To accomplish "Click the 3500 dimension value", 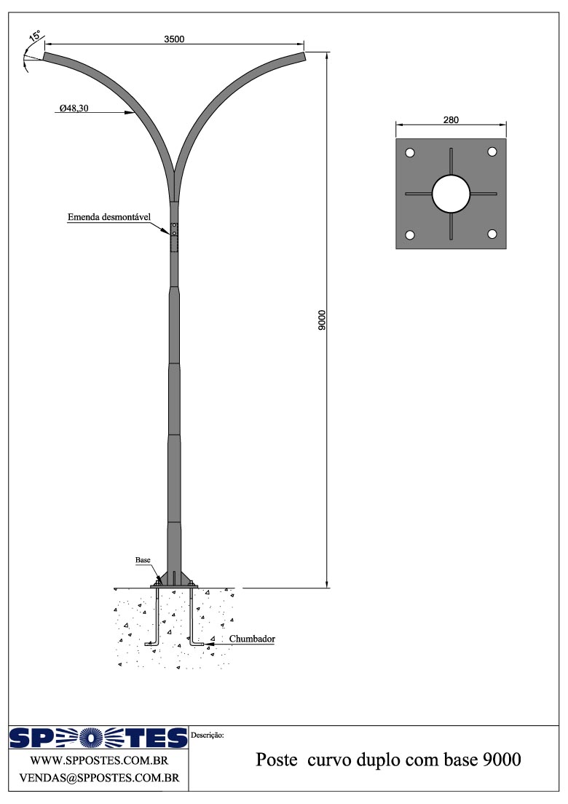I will click(x=174, y=40).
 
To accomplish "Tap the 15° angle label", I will click(x=34, y=36).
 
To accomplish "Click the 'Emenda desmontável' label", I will click(x=109, y=217).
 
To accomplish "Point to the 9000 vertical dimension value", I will click(x=322, y=320).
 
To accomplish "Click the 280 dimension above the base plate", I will click(x=451, y=121).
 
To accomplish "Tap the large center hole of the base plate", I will click(x=451, y=194).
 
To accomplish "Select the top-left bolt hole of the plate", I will click(x=410, y=153).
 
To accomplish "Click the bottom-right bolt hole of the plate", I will click(x=492, y=234).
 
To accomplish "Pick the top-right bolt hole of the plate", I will click(x=492, y=151).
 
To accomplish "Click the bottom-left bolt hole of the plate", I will click(x=410, y=235).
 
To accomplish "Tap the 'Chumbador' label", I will click(x=252, y=639).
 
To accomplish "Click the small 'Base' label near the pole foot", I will click(x=143, y=560).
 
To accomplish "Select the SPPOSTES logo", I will click(x=98, y=738).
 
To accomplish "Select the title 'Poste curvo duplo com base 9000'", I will click(x=388, y=760).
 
